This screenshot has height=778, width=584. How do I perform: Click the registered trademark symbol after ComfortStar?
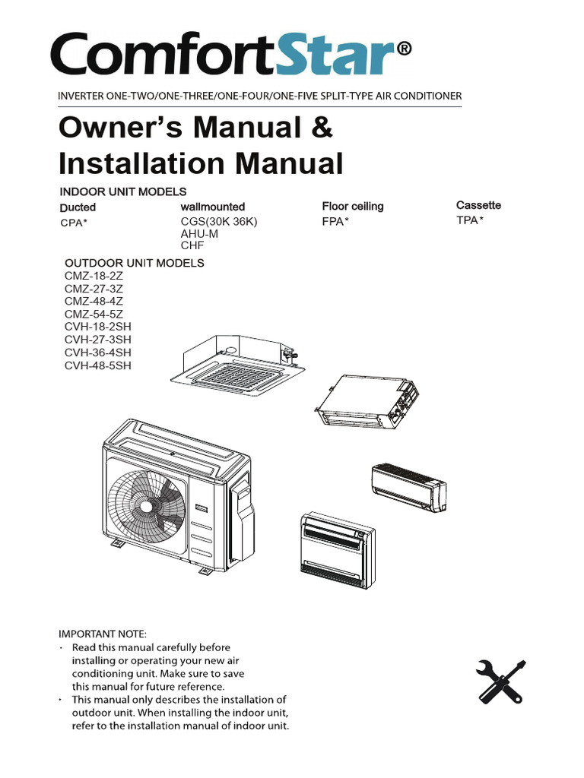pyautogui.click(x=404, y=49)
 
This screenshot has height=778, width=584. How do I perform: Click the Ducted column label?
pyautogui.click(x=78, y=207)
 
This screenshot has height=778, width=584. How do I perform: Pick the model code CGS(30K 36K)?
pyautogui.click(x=220, y=222)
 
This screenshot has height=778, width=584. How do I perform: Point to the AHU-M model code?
pyautogui.click(x=198, y=234)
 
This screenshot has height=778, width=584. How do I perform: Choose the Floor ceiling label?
pyautogui.click(x=352, y=206)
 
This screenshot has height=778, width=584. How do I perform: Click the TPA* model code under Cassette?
pyautogui.click(x=470, y=220)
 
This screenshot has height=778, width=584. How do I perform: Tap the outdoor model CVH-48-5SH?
pyautogui.click(x=98, y=365)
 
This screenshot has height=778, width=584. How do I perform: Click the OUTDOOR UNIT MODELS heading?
pyautogui.click(x=134, y=263)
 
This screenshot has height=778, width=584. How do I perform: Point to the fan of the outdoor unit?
pyautogui.click(x=148, y=505)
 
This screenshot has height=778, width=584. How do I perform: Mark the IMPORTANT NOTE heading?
pyautogui.click(x=103, y=633)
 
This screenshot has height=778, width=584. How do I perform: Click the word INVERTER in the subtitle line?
pyautogui.click(x=84, y=96)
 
